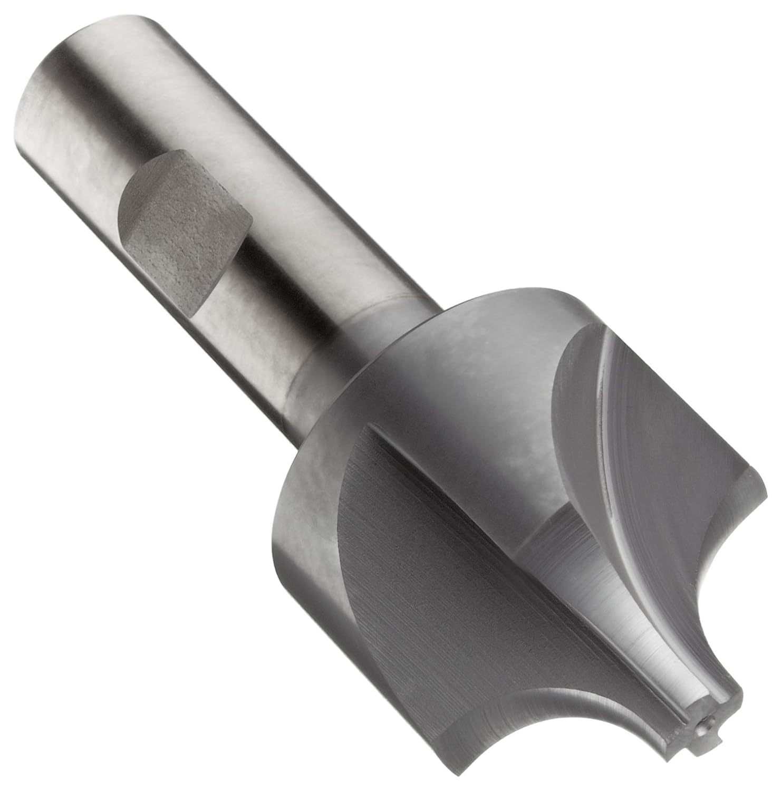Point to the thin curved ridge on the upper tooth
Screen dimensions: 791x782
coord(596,417)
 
